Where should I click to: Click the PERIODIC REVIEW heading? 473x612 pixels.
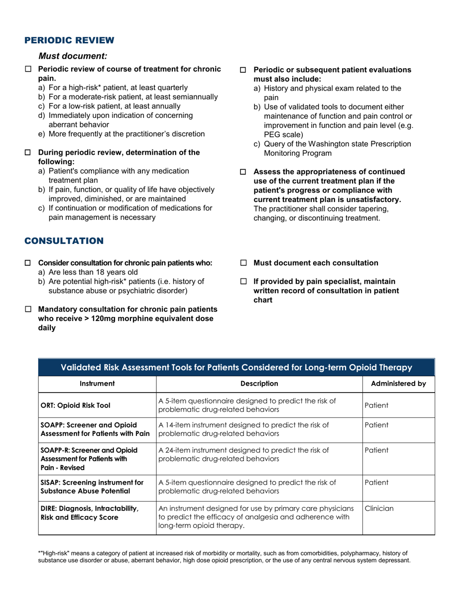click(69, 40)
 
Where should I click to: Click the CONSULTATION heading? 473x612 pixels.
click(64, 241)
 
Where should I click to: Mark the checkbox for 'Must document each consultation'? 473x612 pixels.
click(243, 263)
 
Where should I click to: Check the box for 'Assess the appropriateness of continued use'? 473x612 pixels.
click(243, 172)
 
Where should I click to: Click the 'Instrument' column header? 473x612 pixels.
click(98, 384)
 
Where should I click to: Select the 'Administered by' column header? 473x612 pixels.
click(398, 384)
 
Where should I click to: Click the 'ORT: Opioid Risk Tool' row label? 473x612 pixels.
click(75, 405)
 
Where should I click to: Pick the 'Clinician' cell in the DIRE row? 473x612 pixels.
click(379, 509)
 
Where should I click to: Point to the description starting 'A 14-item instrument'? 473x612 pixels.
click(243, 429)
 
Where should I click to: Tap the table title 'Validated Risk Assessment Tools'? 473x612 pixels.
click(236, 368)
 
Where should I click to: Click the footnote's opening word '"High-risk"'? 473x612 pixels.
click(54, 553)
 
